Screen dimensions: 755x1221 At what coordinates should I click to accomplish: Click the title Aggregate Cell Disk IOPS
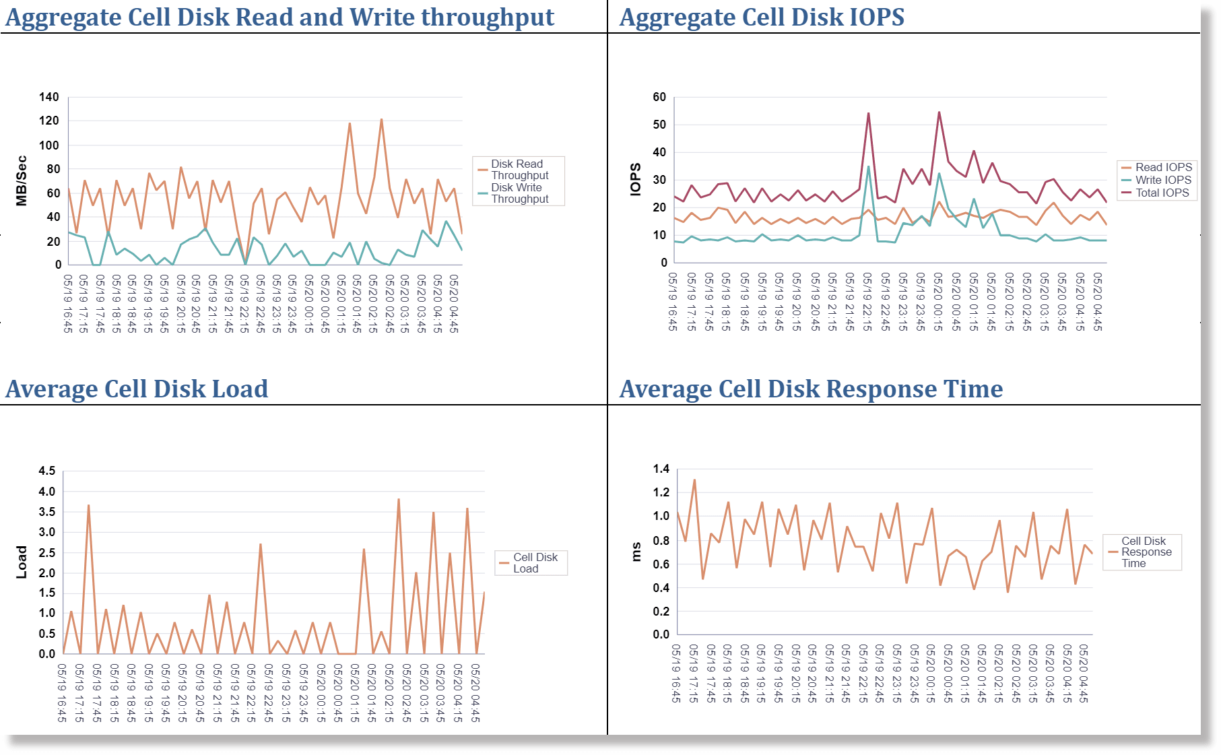pos(762,17)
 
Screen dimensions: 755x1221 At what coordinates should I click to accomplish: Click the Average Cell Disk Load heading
pos(137,389)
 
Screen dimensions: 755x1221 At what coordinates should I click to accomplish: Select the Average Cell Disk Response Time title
pos(811,389)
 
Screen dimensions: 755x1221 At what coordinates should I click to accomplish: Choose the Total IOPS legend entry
pos(1162,193)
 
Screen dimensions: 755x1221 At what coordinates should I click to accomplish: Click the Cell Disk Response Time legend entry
pos(1146,552)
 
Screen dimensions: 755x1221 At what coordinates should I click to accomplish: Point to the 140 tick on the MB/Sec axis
pos(48,97)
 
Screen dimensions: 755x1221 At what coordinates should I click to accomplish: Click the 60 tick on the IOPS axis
pos(659,97)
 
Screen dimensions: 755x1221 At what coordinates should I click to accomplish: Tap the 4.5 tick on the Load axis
pos(46,471)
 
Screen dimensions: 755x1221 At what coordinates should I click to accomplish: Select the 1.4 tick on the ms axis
pos(661,469)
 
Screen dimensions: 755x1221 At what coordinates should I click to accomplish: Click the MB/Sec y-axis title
pos(22,180)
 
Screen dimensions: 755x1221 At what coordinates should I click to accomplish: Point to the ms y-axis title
pos(636,552)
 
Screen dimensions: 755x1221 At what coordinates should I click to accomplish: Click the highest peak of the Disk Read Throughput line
pos(381,120)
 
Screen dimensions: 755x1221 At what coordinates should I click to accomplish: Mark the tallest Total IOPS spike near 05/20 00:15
pos(939,112)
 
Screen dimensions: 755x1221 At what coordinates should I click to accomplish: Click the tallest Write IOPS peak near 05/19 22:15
pos(869,166)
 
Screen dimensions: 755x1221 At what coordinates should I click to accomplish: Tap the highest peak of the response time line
pos(694,480)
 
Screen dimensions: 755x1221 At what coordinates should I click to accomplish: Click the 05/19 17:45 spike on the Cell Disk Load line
pos(88,505)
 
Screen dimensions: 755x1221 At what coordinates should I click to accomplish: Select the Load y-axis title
pos(22,562)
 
